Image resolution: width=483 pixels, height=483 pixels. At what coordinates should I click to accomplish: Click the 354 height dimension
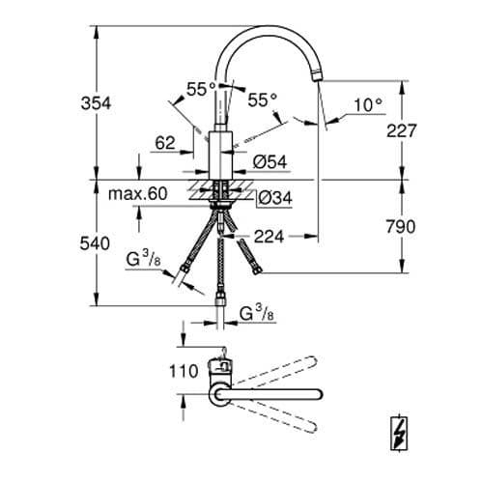pos(96,103)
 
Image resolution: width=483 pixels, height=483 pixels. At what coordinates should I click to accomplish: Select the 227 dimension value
pos(402,130)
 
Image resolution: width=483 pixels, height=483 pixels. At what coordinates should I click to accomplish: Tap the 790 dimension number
pos(401,227)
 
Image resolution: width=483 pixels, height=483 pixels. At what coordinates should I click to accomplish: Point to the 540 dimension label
pos(95,243)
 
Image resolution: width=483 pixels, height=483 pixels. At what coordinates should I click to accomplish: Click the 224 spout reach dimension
pos(270,237)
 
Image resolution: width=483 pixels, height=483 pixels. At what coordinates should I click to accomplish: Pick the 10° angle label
pos(368,105)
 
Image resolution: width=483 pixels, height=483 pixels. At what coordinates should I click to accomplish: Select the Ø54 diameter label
pos(270,161)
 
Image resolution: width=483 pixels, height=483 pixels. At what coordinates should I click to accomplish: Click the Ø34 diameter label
pos(275,198)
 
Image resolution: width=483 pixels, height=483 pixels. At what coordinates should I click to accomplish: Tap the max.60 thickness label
pos(138,193)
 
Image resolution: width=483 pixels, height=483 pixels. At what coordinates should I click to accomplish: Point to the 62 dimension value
pos(165,143)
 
